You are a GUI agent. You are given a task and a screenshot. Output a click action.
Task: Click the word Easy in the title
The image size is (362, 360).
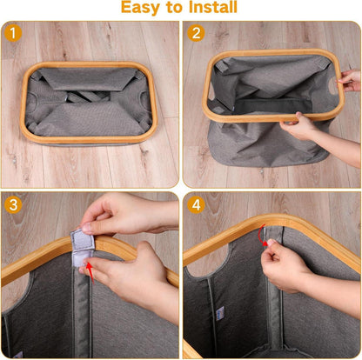coord(140,7)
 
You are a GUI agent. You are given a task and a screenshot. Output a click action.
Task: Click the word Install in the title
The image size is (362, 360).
coord(213,7)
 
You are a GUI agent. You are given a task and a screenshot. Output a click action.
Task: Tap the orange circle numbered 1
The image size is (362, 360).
coord(13,33)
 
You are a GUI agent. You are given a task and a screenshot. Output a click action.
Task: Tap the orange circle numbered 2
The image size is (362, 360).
coord(196,33)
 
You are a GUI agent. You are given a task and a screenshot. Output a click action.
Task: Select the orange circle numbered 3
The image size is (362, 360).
coord(13,205)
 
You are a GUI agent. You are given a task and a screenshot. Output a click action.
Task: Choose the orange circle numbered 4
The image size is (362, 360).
coord(196,204)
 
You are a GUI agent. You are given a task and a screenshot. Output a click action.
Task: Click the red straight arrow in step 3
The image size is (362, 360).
coord(90,272)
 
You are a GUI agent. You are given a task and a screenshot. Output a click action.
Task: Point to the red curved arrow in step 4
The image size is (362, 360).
coord(262,235)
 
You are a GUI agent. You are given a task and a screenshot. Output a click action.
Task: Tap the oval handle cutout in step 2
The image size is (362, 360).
coord(333,87)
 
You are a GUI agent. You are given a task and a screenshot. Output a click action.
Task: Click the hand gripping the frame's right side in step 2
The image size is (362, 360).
coord(351,80)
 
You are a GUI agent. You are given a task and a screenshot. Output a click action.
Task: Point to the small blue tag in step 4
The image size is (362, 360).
coord(220,313)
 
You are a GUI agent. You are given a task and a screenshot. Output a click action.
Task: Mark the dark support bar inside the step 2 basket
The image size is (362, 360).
coord(270,105)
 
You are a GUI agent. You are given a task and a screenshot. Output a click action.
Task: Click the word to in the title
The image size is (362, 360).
coord(174,7)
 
